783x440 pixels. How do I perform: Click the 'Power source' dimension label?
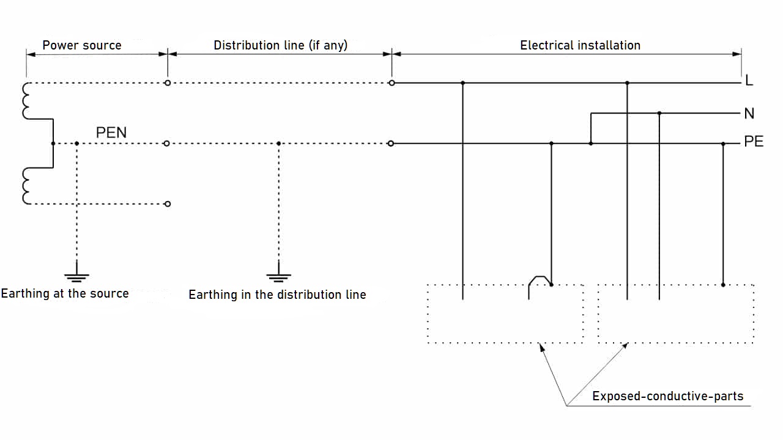pos(82,45)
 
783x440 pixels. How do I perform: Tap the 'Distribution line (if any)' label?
pos(280,45)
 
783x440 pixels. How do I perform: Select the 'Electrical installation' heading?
pos(580,45)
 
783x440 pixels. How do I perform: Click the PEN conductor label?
pos(111,133)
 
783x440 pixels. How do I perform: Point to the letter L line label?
pos(749,82)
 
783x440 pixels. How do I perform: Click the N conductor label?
pos(749,114)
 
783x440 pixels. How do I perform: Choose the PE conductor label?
pos(754,142)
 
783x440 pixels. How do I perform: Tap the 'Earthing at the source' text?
pos(65,293)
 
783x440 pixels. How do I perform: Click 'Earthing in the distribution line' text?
pos(277,295)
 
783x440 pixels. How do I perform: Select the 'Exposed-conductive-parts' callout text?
pos(667,397)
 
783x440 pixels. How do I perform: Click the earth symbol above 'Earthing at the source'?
pos(76,276)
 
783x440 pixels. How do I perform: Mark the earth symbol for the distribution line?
pos(278,276)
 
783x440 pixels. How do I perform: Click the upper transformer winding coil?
pos(26,101)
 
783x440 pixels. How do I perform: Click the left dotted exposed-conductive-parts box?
pos(505,313)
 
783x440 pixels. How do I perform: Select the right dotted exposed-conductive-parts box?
pos(675,313)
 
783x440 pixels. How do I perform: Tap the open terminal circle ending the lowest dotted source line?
pos(168,204)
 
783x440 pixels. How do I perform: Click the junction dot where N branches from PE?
pos(590,144)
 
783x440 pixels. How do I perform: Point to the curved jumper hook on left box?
pos(538,280)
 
